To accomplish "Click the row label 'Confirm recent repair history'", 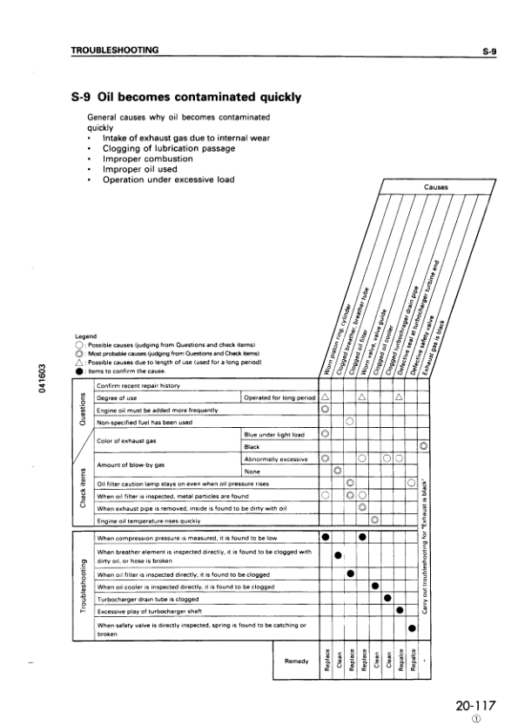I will (138, 384).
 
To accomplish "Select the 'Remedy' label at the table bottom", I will (297, 661).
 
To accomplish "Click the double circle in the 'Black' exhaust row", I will (424, 446).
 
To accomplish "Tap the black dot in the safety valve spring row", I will (412, 628).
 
